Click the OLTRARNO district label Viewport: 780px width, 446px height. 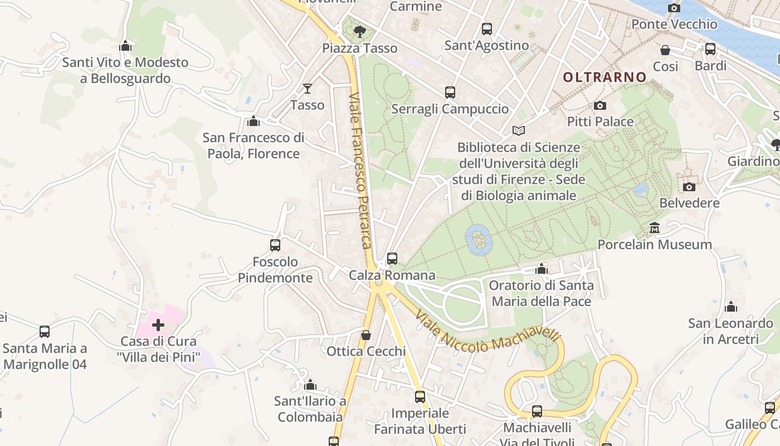(x=604, y=77)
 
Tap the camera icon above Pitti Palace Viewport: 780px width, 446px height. (x=600, y=105)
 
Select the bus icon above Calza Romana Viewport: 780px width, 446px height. (x=392, y=258)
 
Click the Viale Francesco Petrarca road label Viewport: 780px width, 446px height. (x=360, y=170)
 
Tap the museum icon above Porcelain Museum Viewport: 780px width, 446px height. (x=655, y=227)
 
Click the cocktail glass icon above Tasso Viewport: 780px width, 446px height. (x=307, y=88)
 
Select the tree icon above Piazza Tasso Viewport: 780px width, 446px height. (x=360, y=31)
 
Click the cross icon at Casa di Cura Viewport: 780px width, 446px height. (x=158, y=324)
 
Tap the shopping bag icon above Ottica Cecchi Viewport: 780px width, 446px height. (x=366, y=335)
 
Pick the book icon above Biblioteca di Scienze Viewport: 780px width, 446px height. (x=519, y=130)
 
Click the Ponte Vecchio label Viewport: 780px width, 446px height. (x=674, y=24)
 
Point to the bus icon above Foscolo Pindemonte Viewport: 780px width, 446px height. (x=275, y=245)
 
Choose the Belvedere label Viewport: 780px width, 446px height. (x=689, y=203)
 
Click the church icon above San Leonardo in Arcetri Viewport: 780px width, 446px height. (x=731, y=307)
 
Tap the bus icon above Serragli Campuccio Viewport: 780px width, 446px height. (x=450, y=93)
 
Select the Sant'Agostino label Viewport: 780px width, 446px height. (x=486, y=46)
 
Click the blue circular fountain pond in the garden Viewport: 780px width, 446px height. (x=478, y=239)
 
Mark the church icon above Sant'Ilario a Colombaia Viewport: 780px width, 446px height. (x=311, y=385)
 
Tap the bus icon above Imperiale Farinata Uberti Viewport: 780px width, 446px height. (x=420, y=396)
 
